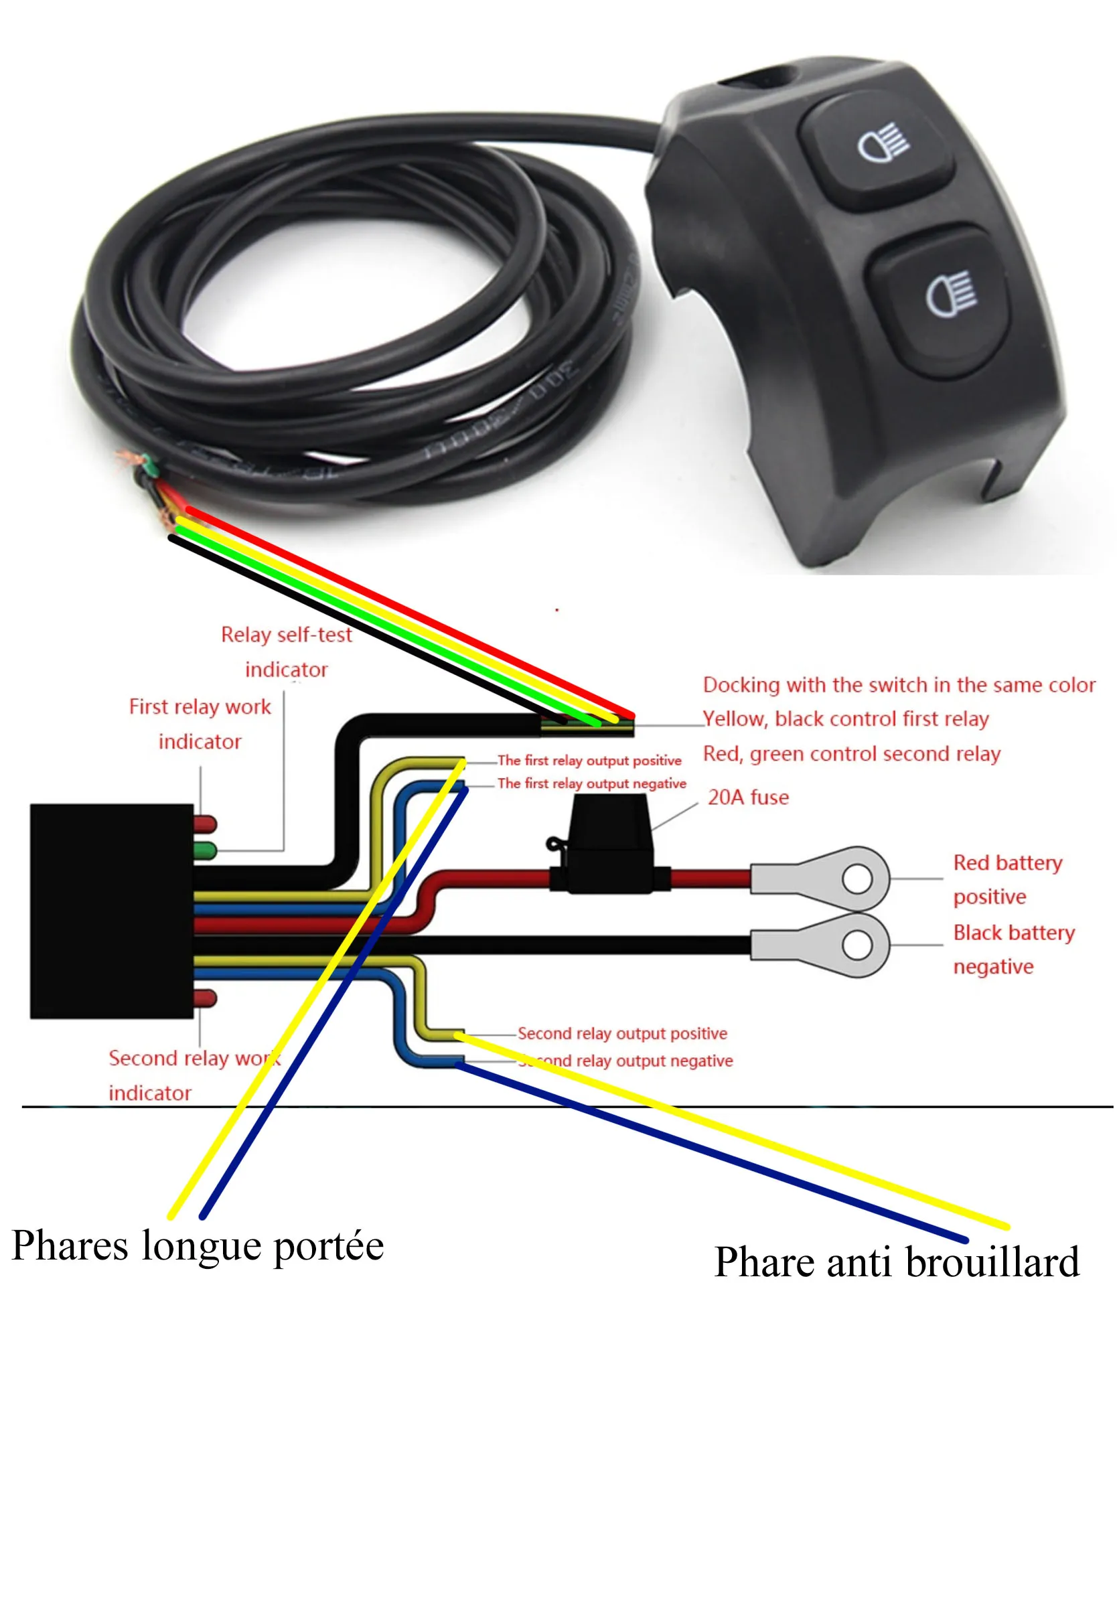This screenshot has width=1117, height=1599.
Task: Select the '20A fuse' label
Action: click(x=749, y=797)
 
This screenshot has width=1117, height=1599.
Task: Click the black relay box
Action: click(x=111, y=911)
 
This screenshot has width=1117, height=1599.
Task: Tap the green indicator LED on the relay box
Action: click(x=206, y=850)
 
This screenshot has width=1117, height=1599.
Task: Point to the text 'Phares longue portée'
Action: click(x=198, y=1246)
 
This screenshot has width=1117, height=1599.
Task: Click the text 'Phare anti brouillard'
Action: click(x=896, y=1263)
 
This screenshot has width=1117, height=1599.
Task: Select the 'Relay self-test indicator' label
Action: click(x=286, y=652)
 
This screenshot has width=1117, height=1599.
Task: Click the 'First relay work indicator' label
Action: click(x=200, y=724)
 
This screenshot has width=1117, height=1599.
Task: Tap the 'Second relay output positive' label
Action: click(x=622, y=1033)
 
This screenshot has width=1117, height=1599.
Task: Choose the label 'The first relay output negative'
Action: click(x=591, y=783)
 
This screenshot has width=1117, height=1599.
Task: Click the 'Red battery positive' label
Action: click(x=1007, y=880)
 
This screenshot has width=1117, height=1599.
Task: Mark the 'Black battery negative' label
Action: click(x=1013, y=949)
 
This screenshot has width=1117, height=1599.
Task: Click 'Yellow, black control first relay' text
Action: click(x=845, y=718)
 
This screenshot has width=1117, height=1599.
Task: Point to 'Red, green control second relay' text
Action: click(x=851, y=753)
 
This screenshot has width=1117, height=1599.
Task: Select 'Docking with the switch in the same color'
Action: click(x=898, y=684)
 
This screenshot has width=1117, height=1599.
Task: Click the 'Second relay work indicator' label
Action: click(x=194, y=1075)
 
